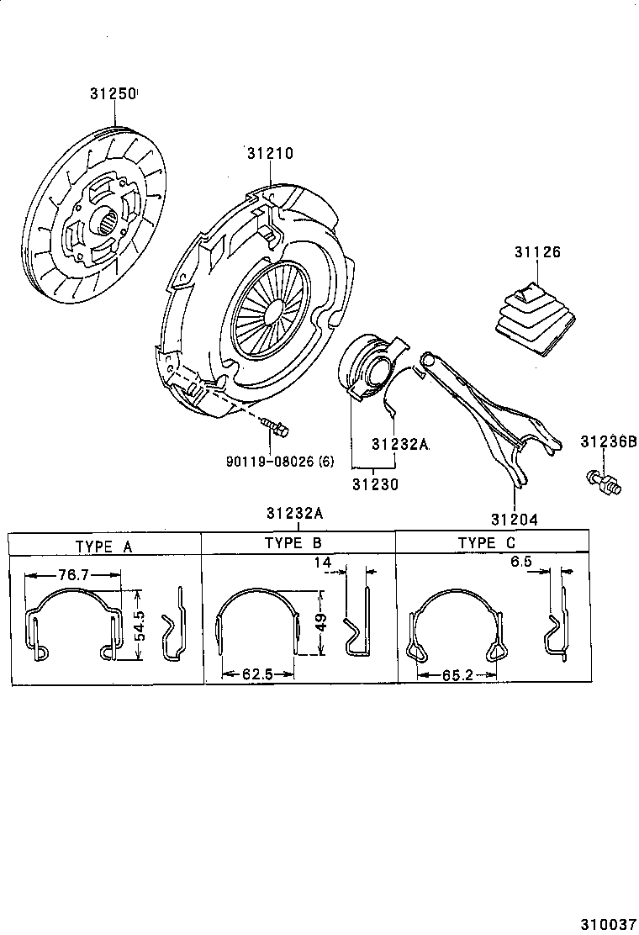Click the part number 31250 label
pos(113,94)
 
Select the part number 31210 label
pos(270,153)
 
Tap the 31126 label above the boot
pos(537,252)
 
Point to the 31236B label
pos(608,441)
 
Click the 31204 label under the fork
pos(515,519)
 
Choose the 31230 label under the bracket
pos(375,484)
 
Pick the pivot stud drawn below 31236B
pos(601,481)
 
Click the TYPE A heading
pos(104,546)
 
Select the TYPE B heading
pos(293,543)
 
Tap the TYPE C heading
pos(487,543)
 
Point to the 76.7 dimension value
pos(74,574)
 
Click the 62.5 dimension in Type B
pos(256,674)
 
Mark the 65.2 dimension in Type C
pos(457,674)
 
